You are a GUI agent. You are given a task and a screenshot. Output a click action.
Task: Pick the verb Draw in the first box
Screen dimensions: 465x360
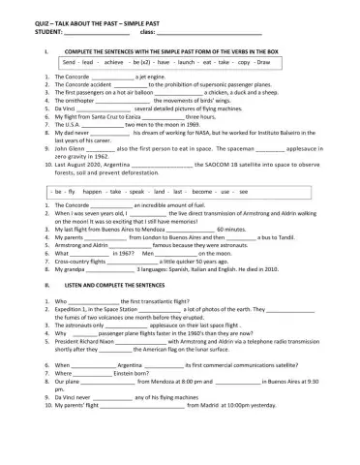tap(263, 61)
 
